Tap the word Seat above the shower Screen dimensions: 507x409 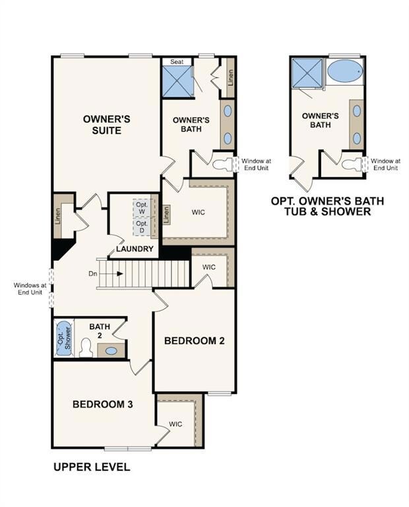pyautogui.click(x=177, y=61)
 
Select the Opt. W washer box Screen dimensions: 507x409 pyautogui.click(x=142, y=207)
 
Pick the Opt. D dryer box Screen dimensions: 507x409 pyautogui.click(x=142, y=226)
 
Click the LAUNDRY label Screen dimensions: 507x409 pyautogui.click(x=135, y=249)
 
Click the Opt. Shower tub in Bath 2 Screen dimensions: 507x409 pyautogui.click(x=63, y=339)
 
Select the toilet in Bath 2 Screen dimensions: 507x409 pyautogui.click(x=85, y=347)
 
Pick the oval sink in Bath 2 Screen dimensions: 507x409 pyautogui.click(x=111, y=351)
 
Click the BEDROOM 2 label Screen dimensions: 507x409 pyautogui.click(x=195, y=341)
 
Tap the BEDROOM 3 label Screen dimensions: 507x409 pyautogui.click(x=103, y=404)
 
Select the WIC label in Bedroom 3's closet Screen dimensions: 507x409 pyautogui.click(x=175, y=424)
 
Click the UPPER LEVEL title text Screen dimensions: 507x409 pyautogui.click(x=91, y=467)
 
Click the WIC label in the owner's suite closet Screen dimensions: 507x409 pyautogui.click(x=199, y=213)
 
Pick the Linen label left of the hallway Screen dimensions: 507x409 pyautogui.click(x=58, y=215)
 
